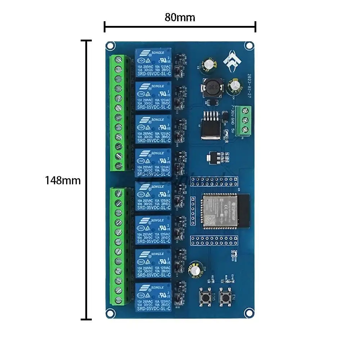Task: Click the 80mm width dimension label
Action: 180,17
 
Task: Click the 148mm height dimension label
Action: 63,180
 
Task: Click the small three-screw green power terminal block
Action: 246,120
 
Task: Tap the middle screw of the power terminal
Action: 246,120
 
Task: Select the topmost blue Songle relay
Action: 153,63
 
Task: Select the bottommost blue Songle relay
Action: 153,297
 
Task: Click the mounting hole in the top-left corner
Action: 111,45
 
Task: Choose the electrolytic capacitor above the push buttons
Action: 196,270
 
